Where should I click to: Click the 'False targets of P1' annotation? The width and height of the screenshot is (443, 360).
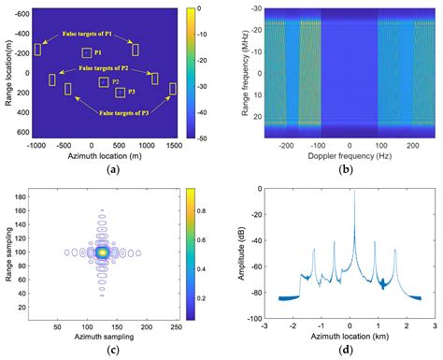[85, 34]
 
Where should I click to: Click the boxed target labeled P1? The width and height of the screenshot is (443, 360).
[87, 53]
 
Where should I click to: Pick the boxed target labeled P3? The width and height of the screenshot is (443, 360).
[119, 93]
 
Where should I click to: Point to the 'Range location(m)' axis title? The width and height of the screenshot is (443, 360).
[7, 77]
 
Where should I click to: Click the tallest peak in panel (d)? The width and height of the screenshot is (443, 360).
[353, 193]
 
